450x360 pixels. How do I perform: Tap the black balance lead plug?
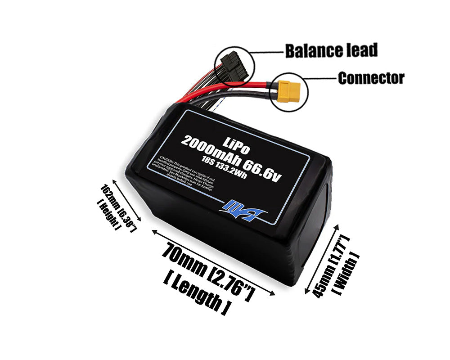[233, 66]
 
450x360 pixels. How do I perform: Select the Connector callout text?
[371, 78]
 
